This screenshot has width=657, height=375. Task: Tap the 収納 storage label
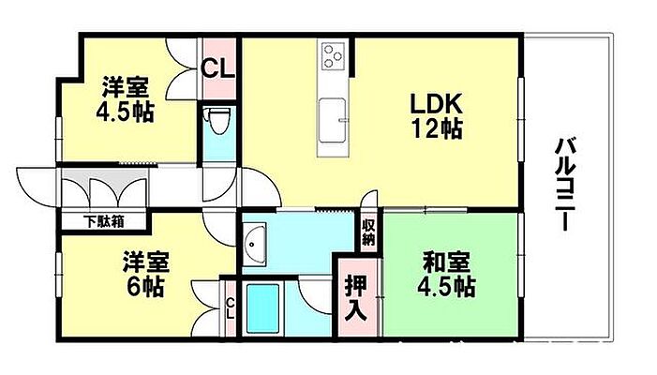[369, 231]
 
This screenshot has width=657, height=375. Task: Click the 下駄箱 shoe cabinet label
[103, 222]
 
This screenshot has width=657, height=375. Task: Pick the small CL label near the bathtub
[231, 307]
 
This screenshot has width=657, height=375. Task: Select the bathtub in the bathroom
[265, 306]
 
